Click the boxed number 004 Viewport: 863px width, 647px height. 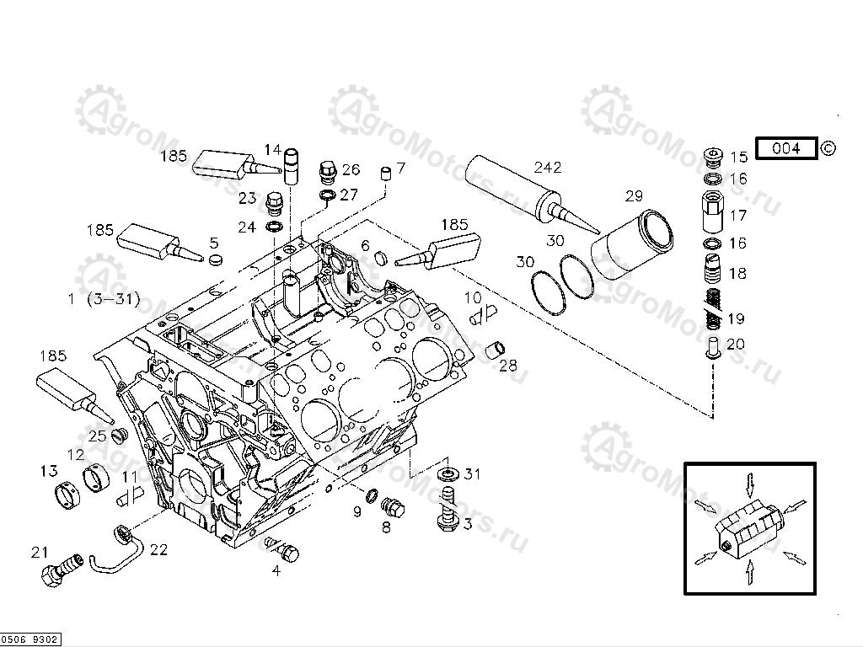[x=785, y=149]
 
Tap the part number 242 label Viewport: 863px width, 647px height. [x=547, y=168]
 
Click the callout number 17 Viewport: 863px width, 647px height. [x=738, y=216]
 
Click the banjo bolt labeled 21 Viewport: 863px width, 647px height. [x=59, y=570]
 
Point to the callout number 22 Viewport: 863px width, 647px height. [x=158, y=550]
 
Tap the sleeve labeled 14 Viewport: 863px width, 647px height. [x=292, y=165]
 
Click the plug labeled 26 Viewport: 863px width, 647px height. [x=328, y=172]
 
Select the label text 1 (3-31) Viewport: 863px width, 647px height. [x=104, y=298]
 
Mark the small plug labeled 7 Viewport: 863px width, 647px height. [x=387, y=174]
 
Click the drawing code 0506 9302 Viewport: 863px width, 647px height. [x=30, y=640]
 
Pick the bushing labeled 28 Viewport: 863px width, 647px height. [x=498, y=348]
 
